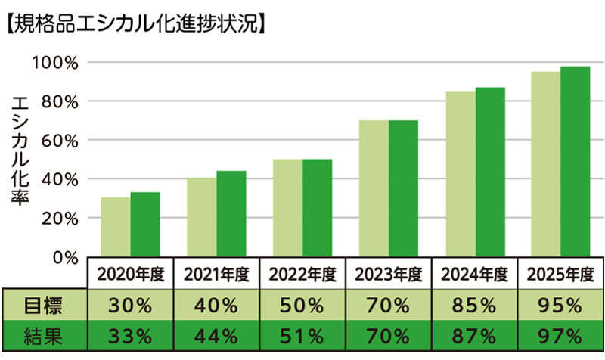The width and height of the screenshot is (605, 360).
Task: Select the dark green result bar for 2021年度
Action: coord(231,214)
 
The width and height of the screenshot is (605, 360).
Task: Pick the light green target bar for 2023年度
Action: coord(374,188)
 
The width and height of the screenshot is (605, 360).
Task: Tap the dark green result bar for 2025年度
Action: coord(575,162)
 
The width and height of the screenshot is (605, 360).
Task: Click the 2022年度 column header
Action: coord(302,274)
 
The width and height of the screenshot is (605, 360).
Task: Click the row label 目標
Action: coord(44,306)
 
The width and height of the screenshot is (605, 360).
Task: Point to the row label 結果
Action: coord(44,334)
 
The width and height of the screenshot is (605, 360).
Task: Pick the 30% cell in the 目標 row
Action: coord(130,306)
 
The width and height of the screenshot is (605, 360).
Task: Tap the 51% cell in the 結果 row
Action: coord(302,334)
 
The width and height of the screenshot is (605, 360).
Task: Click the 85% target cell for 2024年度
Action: coord(475,306)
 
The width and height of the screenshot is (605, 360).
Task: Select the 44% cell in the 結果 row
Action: coord(216,334)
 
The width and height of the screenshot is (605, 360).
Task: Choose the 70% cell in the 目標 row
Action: coord(389,306)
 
